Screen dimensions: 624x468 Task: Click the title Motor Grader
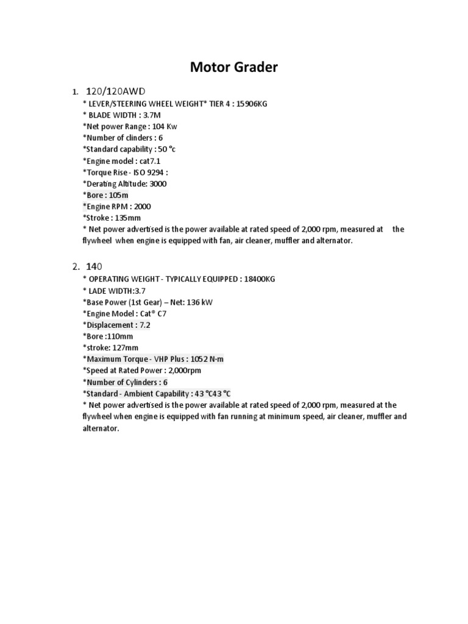point(233,67)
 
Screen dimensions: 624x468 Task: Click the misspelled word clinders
point(132,138)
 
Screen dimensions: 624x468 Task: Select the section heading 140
point(94,266)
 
